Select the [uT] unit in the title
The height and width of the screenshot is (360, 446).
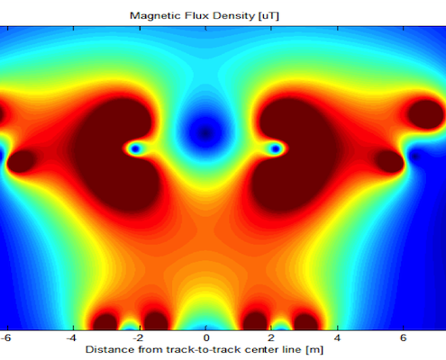click(x=269, y=16)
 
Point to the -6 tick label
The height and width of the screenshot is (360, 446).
click(x=5, y=338)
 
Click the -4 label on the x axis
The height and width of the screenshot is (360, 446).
click(x=71, y=338)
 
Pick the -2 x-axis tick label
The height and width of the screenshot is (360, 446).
click(x=138, y=338)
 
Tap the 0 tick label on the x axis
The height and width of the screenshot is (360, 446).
click(x=206, y=338)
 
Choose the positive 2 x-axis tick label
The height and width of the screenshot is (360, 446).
click(x=271, y=338)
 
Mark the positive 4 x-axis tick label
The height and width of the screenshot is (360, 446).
click(x=337, y=338)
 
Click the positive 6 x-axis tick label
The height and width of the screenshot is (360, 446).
click(x=403, y=338)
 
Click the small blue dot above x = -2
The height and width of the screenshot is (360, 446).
click(x=135, y=148)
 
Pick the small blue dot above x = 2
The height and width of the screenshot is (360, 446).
click(x=276, y=148)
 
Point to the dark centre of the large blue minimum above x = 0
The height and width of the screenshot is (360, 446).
click(x=205, y=133)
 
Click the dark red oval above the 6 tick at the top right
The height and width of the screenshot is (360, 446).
click(x=426, y=114)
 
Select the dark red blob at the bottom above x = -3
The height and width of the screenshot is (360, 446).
click(x=105, y=321)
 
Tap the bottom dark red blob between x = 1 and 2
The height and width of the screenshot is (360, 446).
click(x=255, y=321)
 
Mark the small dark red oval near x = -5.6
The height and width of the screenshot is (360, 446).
click(x=21, y=161)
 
